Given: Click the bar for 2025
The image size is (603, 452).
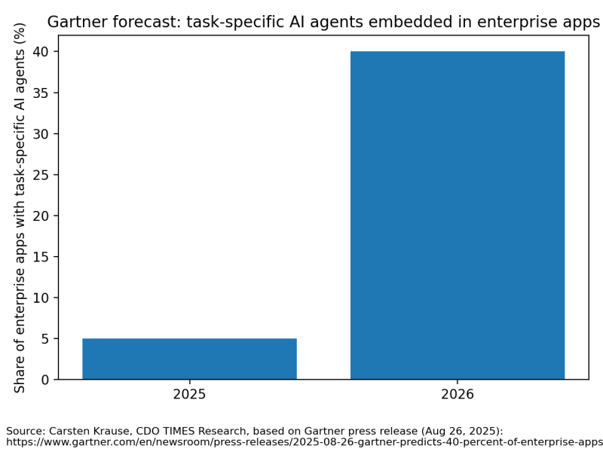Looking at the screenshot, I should coord(189,359).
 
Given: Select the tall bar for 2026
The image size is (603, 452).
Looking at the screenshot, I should coord(458,215).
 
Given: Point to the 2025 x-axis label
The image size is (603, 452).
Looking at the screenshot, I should coord(189,394).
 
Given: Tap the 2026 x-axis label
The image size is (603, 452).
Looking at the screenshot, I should coord(458,394).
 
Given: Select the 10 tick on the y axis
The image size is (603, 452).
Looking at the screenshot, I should coord(41,298).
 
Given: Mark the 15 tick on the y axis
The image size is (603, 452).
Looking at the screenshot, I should coord(41,257).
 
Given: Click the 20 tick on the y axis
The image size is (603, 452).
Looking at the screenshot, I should coord(41,216).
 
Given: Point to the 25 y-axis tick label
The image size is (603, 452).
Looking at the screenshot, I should coord(41,175).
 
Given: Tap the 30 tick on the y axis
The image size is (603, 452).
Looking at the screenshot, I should coord(41,134).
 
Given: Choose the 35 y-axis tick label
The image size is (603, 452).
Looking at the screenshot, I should coord(41,93).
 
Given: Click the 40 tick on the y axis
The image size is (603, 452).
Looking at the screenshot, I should coord(41,52).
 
